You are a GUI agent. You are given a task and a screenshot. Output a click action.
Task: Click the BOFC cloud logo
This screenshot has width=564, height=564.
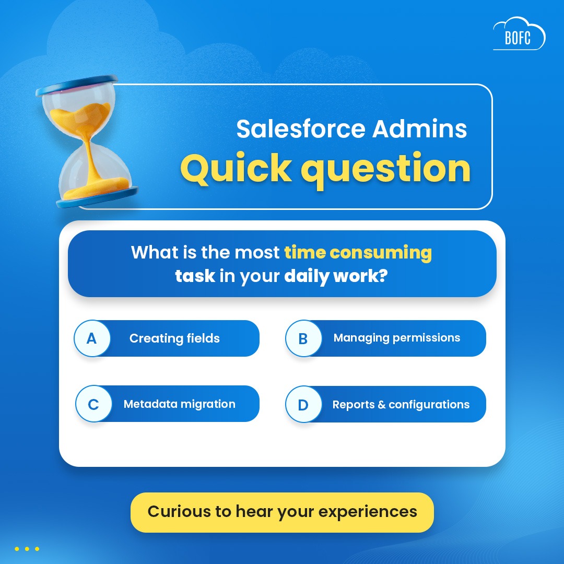point(519,36)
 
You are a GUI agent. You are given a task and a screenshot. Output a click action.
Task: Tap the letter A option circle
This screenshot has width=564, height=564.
point(92,338)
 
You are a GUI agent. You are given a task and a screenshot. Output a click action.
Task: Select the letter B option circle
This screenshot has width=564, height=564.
point(303,338)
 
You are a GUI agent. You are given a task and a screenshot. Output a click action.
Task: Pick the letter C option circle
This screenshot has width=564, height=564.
point(93,404)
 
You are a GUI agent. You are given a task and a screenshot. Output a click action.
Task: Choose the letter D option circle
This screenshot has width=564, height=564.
point(303,405)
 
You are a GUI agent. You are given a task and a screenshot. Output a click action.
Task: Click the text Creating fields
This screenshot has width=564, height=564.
point(174,338)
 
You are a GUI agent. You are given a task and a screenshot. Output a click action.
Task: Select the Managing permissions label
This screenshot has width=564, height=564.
point(397,338)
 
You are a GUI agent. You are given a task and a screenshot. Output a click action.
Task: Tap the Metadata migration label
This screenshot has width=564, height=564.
point(179,404)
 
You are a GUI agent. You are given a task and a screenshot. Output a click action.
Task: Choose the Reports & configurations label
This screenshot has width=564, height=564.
point(401,405)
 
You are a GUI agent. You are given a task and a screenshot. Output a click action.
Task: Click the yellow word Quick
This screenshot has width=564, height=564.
point(236,168)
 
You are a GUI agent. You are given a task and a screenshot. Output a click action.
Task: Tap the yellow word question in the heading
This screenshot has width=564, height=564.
point(385,168)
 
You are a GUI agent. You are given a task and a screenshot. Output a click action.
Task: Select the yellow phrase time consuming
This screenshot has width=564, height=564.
point(358,253)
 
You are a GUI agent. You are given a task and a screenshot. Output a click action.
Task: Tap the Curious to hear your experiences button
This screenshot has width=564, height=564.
point(282,511)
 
